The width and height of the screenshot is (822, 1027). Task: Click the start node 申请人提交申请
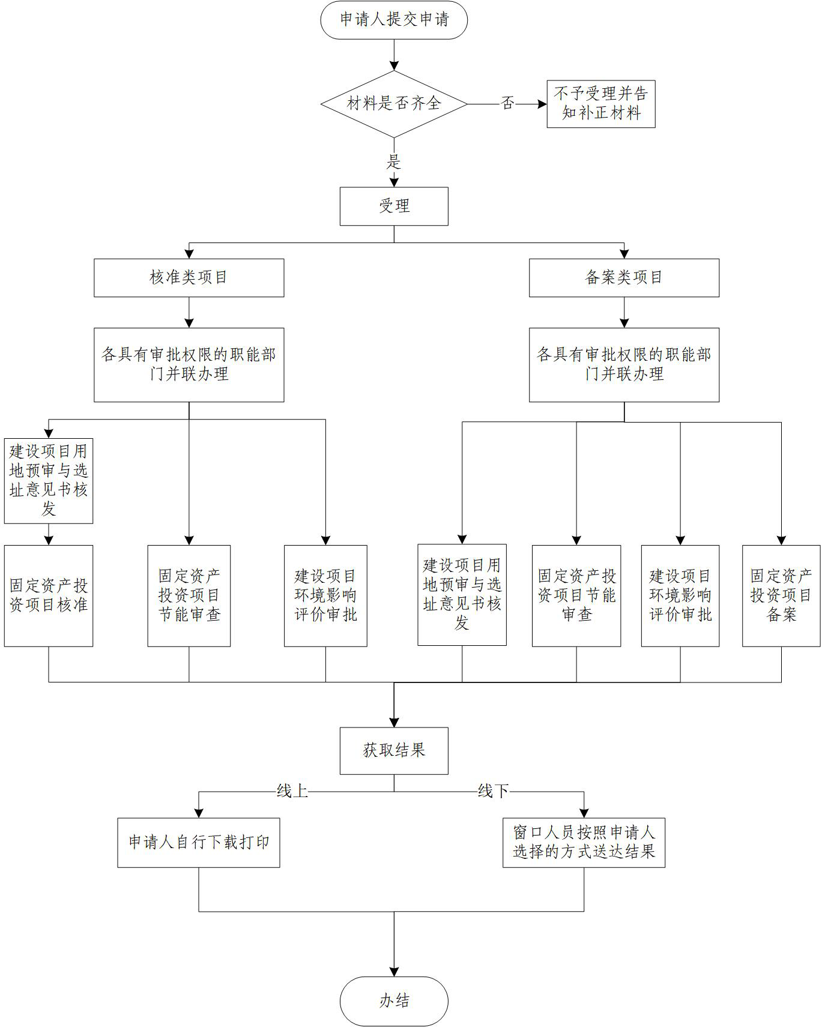394,20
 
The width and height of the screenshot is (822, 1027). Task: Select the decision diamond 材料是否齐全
394,103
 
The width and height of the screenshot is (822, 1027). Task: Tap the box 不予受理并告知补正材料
600,104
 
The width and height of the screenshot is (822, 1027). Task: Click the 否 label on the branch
507,103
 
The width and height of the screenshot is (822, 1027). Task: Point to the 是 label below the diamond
394,161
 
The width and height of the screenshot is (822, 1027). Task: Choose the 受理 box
394,206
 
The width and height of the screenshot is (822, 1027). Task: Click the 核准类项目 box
189,277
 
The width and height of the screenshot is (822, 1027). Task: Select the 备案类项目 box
624,277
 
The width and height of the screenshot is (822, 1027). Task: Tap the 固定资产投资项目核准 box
49,595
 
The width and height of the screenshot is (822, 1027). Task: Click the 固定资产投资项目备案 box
781,595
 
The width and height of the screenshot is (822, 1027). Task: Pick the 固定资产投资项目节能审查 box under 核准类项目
189,595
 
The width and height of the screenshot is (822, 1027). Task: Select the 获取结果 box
394,750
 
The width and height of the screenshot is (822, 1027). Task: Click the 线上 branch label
292,791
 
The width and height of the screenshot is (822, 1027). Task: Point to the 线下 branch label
493,791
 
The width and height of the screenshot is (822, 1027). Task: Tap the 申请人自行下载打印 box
199,842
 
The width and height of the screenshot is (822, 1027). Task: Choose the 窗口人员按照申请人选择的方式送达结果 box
584,842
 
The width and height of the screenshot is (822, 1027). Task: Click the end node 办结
394,1001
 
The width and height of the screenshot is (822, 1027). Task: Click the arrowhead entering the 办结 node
394,972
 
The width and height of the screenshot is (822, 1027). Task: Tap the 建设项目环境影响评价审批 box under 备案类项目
680,595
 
